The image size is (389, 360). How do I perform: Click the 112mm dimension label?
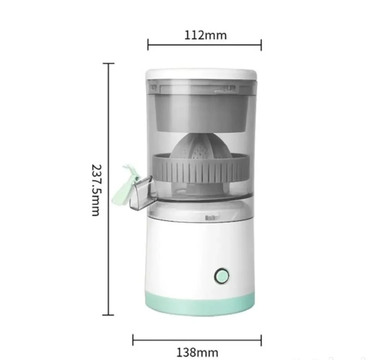[205, 35]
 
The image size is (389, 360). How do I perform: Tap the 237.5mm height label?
[96, 190]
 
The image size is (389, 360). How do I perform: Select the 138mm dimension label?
[198, 352]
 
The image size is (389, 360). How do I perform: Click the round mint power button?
[221, 276]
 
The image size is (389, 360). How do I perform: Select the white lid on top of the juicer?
[201, 74]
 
